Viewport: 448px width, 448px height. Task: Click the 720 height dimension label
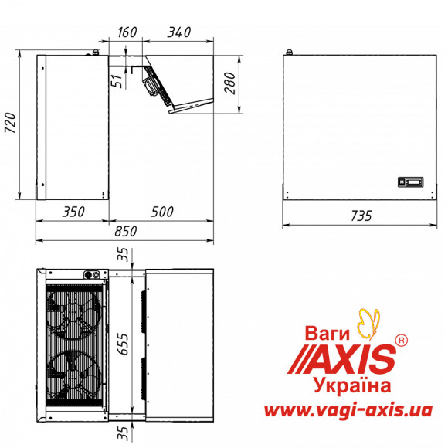11,123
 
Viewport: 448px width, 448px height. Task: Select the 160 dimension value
127,32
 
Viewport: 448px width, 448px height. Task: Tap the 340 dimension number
179,32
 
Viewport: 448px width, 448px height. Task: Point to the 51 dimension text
117,81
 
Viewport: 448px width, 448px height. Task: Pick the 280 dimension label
230,83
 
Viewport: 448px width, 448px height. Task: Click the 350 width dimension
73,212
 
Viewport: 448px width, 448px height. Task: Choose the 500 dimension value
162,212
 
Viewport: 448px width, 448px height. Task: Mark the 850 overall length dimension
126,231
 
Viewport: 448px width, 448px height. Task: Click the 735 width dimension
361,216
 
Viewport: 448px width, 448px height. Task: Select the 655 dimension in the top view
124,344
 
